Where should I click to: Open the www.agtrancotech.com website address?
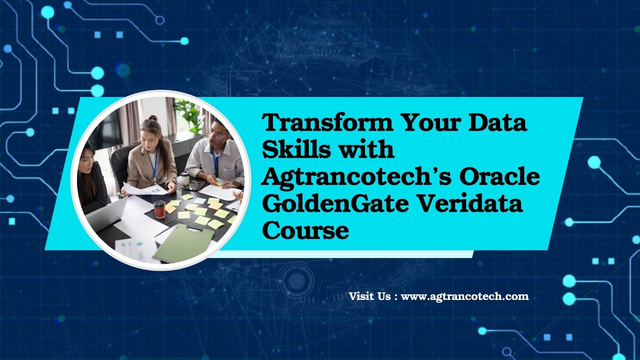tap(465, 296)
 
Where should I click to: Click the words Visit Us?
tap(370, 296)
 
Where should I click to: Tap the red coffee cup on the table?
tap(160, 209)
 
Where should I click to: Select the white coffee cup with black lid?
tap(185, 178)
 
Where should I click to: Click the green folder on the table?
tap(184, 242)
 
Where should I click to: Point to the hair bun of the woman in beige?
tap(153, 118)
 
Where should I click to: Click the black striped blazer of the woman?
tap(93, 188)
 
